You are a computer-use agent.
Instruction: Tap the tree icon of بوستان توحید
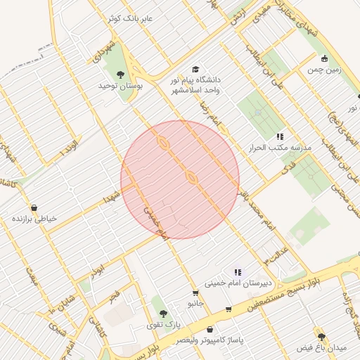121,72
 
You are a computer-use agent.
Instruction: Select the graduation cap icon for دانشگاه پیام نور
195,70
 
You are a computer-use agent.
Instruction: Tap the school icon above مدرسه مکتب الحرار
280,136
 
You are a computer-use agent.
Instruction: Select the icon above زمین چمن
324,59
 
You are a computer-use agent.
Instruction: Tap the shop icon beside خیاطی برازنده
14,219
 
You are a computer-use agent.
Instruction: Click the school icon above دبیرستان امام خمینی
238,271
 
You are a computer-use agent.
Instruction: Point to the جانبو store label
195,304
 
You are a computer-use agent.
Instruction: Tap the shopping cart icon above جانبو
195,292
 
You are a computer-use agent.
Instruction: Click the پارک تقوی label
163,325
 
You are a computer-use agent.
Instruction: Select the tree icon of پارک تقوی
163,314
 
